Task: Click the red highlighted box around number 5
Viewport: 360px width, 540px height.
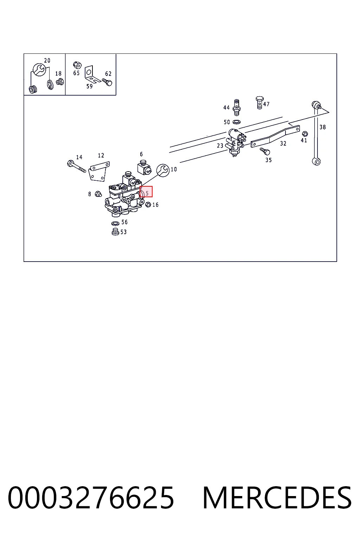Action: pos(146,192)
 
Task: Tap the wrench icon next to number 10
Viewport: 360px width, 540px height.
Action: pos(163,170)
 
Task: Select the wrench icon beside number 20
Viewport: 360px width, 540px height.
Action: pos(39,70)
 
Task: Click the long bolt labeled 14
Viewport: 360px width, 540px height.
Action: pos(76,167)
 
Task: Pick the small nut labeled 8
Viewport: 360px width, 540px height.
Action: pos(98,193)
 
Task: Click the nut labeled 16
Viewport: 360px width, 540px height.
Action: pos(148,205)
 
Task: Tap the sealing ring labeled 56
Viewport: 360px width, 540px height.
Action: pos(115,223)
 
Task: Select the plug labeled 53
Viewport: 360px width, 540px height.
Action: pos(116,232)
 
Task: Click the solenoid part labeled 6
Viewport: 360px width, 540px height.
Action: pos(144,167)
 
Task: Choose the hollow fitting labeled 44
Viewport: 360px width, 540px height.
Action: pos(237,108)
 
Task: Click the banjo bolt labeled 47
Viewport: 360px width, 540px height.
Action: pos(259,103)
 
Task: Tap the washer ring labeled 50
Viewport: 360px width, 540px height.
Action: pos(237,122)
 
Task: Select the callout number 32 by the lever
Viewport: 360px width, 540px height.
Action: pos(283,143)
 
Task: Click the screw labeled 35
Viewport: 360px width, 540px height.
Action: pos(265,152)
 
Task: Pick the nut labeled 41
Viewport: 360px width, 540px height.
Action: pos(304,134)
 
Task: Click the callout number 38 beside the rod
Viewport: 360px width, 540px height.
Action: pos(322,127)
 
